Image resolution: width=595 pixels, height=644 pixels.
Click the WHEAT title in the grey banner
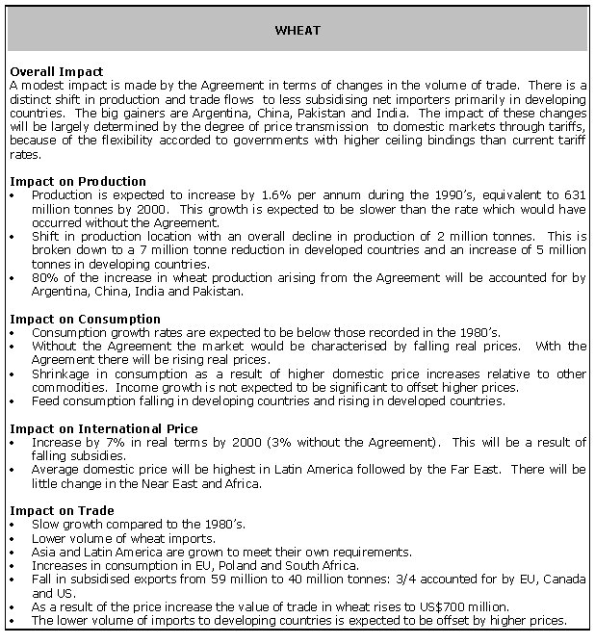pos(297,31)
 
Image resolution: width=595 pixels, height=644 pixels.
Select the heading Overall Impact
pos(55,72)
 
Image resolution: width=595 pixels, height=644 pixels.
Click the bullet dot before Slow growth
pos(11,525)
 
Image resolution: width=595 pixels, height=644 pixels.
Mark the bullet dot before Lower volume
pos(11,538)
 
